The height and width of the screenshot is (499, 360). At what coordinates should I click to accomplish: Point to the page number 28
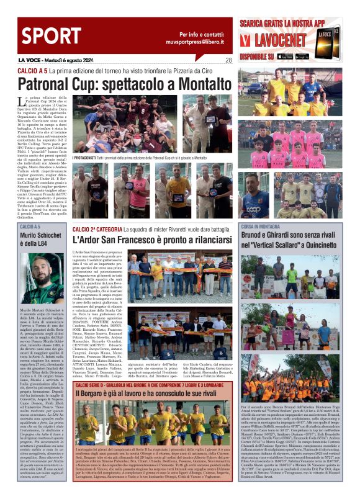coord(228,60)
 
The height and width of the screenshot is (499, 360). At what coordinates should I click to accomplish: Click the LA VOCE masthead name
coord(31,60)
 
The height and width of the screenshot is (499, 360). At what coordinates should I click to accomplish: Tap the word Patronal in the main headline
coord(47,84)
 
